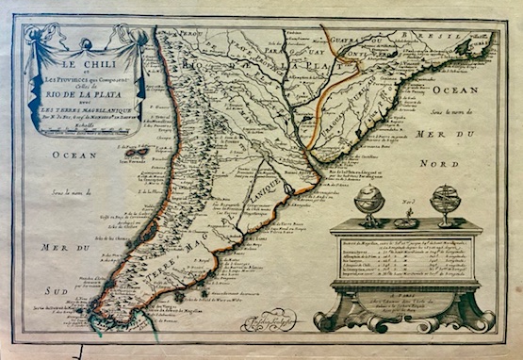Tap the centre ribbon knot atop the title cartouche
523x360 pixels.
pos(86,42)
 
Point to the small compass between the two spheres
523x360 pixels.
pos(406,221)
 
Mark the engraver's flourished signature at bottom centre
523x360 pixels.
pos(269,321)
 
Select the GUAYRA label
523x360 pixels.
pos(348,41)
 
